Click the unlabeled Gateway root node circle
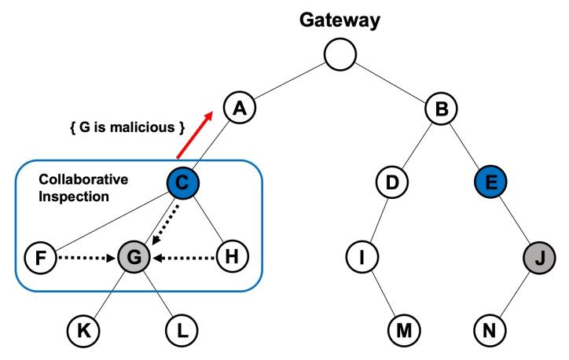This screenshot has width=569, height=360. point(340,53)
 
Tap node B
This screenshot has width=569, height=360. point(442,108)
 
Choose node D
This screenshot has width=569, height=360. point(391,183)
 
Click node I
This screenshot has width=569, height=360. point(363,256)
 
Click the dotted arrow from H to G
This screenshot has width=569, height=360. point(185,256)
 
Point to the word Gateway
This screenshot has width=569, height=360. point(340,17)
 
